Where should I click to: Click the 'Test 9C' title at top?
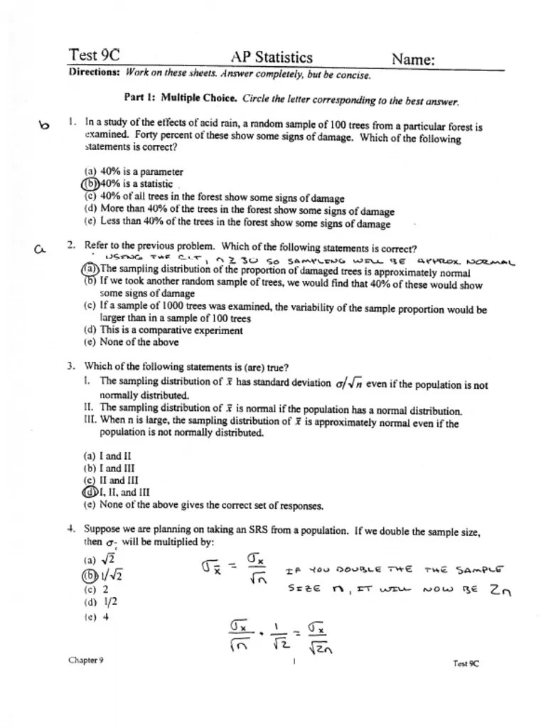[x=94, y=55]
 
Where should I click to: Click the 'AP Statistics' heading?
[x=272, y=57]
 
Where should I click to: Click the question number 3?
[x=71, y=367]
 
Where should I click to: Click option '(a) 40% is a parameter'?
[x=133, y=172]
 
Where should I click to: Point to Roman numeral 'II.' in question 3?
[x=89, y=409]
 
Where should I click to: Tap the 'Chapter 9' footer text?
[x=85, y=660]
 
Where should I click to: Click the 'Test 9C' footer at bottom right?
[x=466, y=663]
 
